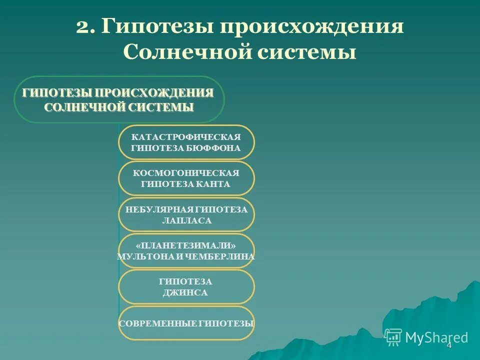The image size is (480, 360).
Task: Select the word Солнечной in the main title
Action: click(x=187, y=51)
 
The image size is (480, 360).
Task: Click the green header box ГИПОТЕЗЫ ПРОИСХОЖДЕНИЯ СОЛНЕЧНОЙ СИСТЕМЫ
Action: click(x=119, y=99)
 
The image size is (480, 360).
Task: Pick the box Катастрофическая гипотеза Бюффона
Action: click(x=186, y=142)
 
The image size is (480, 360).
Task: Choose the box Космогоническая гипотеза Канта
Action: click(x=186, y=178)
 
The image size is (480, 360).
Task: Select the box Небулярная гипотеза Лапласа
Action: click(x=186, y=214)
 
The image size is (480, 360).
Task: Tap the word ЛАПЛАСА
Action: click(x=186, y=220)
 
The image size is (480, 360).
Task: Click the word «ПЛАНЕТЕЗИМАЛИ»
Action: click(x=186, y=245)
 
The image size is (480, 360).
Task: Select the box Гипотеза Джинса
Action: click(x=186, y=287)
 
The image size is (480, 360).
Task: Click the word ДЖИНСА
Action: click(x=185, y=293)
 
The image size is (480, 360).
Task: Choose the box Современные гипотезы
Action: click(x=186, y=323)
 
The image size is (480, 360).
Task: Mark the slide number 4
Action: click(x=448, y=345)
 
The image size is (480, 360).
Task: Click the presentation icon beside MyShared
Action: click(x=393, y=337)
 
